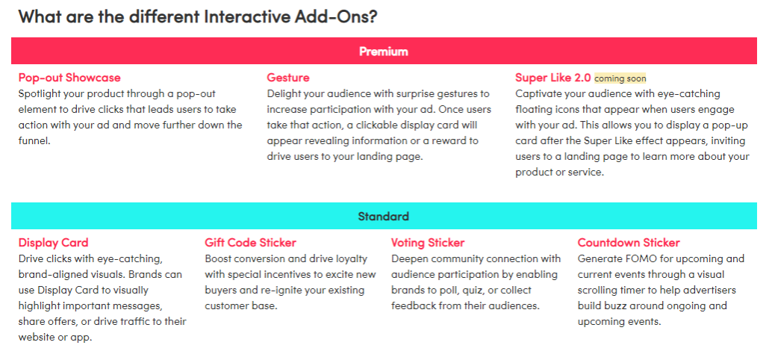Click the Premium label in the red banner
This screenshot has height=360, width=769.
384,51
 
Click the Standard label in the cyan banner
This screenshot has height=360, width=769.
384,217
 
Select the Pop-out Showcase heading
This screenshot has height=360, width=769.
69,78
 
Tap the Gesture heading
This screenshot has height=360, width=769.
288,78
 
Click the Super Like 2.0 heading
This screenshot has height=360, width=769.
552,78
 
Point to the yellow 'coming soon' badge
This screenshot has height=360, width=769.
620,78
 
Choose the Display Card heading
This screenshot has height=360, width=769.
54,242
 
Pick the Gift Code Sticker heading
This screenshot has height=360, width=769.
251,242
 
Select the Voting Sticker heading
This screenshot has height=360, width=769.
428,242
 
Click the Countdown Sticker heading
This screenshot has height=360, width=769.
629,242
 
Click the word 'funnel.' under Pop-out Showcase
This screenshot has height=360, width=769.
34,140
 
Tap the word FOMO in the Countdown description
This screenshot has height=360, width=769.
634,258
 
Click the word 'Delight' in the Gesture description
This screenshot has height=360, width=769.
282,93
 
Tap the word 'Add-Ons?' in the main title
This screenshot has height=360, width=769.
336,16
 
